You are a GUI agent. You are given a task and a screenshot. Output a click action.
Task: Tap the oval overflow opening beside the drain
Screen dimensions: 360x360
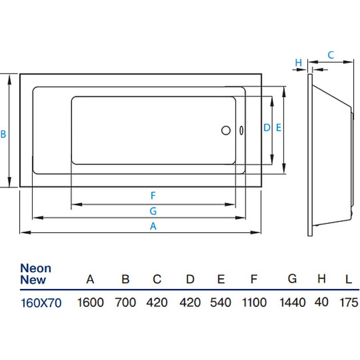tap(241, 130)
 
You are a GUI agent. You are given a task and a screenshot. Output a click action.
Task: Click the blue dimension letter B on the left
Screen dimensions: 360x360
tap(3, 134)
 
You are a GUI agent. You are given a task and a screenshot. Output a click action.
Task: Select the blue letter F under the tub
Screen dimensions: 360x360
tap(153, 196)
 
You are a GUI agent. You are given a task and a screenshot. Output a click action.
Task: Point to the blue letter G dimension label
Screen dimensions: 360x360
tap(153, 211)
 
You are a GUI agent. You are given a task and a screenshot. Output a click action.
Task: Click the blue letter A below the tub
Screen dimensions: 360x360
tap(153, 226)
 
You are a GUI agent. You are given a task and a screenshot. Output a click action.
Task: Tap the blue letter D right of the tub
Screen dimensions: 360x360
tap(267, 128)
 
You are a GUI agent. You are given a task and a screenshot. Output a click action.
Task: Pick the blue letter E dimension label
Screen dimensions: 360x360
tap(279, 128)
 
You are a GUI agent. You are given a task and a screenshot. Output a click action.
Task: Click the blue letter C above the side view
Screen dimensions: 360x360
tap(331, 55)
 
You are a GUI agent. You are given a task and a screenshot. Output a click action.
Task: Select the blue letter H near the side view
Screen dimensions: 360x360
tap(298, 63)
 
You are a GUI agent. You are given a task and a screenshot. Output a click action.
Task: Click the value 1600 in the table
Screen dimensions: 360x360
tap(90, 302)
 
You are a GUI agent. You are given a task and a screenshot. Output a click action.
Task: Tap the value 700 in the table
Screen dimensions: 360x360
tap(126, 302)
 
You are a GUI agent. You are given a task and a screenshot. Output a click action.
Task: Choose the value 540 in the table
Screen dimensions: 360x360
tap(220, 302)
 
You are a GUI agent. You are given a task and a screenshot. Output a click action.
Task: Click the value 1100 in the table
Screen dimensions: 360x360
tap(254, 302)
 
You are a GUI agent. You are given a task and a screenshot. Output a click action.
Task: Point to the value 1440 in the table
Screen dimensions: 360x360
tap(292, 302)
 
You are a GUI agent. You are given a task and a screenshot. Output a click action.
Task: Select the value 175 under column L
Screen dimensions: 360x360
tap(349, 302)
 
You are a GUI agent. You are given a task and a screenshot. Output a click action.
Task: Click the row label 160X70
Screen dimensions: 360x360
tap(41, 303)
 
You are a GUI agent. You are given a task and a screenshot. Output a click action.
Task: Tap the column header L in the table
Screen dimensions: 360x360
tap(349, 279)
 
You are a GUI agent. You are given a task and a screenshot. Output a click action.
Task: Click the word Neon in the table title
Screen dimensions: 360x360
tap(36, 268)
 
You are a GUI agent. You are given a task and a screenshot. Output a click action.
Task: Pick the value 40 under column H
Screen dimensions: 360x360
tap(321, 302)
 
